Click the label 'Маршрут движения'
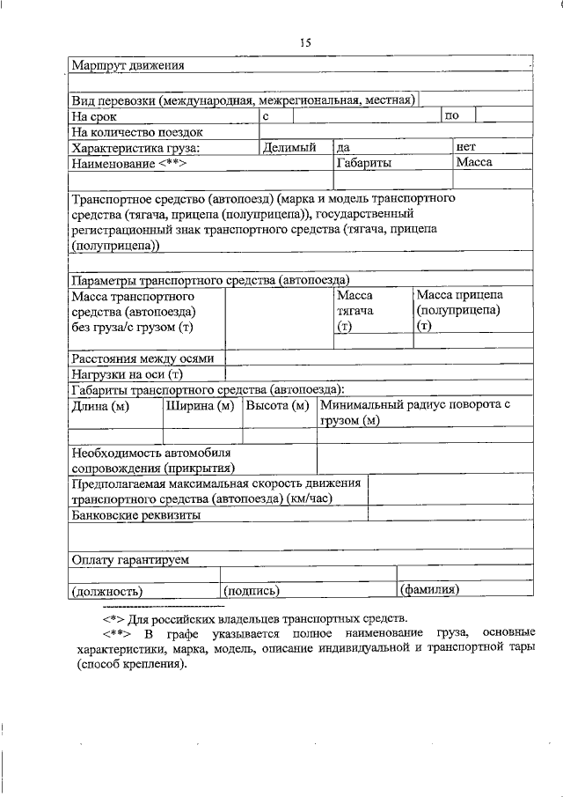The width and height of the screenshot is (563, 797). [128, 65]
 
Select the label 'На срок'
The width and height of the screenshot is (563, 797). [94, 116]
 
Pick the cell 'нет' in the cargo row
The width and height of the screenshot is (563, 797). [465, 147]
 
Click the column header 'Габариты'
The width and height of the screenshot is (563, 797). [364, 163]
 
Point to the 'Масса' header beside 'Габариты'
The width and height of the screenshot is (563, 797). [473, 163]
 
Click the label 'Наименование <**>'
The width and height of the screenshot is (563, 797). [130, 164]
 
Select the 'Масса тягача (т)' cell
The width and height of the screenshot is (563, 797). [355, 312]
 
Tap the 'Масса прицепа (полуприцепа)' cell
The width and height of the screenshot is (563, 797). [458, 311]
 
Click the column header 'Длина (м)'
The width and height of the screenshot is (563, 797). [100, 406]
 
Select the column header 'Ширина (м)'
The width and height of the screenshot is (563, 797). [200, 406]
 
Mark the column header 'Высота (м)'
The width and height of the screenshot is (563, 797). [277, 406]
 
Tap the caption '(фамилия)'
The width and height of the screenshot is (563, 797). [429, 590]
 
